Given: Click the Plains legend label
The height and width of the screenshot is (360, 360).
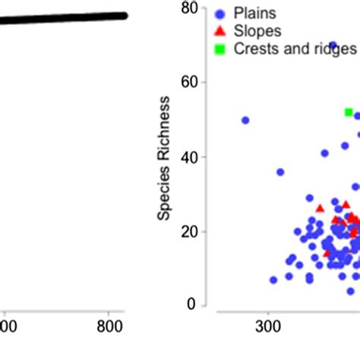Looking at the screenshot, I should point(256,13).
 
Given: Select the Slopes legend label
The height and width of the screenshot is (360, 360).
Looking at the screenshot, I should point(258,30).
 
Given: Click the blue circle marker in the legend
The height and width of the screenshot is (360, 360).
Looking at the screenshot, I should point(220,13).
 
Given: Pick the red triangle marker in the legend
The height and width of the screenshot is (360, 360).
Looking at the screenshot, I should point(220,30).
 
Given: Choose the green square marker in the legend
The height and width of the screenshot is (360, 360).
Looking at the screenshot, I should point(220,49).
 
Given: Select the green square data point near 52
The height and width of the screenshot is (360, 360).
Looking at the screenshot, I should point(349,112).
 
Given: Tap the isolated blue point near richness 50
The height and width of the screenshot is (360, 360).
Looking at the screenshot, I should point(245,120).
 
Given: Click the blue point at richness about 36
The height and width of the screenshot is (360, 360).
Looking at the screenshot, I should point(280,172).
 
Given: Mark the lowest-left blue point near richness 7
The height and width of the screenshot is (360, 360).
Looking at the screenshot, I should point(273,280).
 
